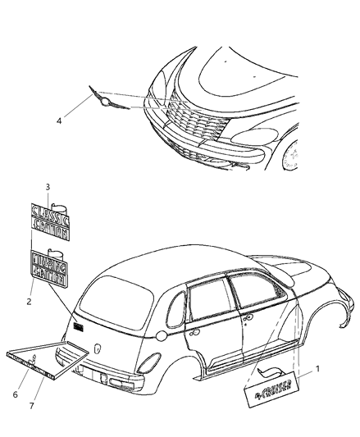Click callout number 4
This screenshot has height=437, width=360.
58,122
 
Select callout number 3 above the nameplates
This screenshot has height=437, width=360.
48,187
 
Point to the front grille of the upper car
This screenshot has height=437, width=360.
193,121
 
